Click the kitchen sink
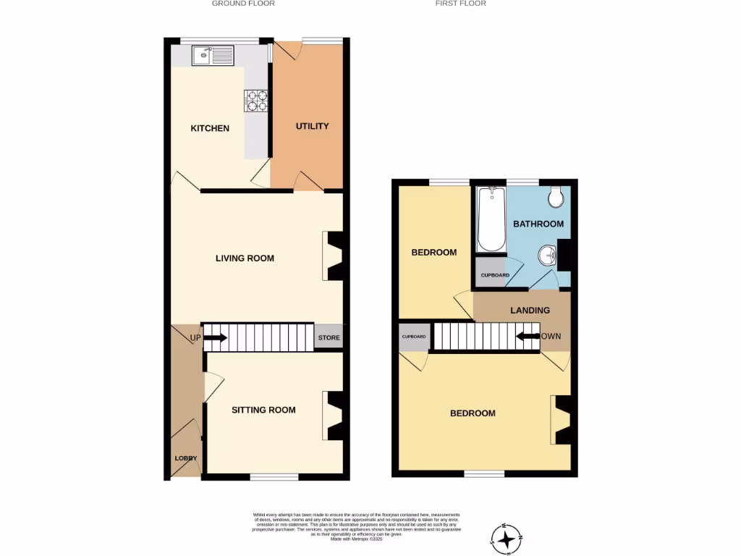click(213, 55)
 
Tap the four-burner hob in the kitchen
click(255, 100)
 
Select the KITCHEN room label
click(210, 128)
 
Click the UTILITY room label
click(312, 126)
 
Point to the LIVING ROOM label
click(245, 258)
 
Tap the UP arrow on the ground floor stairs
click(215, 337)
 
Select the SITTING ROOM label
click(263, 410)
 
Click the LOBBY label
click(186, 458)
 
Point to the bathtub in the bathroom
click(491, 219)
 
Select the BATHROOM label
click(538, 224)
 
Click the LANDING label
click(530, 310)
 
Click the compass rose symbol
click(506, 538)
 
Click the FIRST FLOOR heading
click(460, 4)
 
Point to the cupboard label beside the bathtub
click(495, 275)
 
